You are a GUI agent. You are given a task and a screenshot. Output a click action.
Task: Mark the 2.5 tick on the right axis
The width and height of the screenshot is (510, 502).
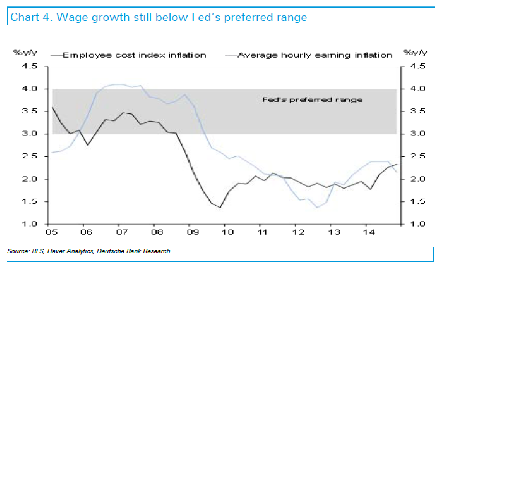click(418, 156)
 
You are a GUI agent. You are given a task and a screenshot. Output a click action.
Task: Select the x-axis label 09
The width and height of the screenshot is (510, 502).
click(193, 232)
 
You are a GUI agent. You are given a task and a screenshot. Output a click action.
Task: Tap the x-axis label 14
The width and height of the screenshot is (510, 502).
click(369, 232)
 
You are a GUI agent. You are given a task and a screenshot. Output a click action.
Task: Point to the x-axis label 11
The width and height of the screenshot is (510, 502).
click(262, 232)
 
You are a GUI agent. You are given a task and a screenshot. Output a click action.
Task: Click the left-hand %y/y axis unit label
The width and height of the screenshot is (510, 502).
click(25, 53)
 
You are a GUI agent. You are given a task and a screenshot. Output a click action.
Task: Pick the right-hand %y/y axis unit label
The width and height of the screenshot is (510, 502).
click(415, 53)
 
